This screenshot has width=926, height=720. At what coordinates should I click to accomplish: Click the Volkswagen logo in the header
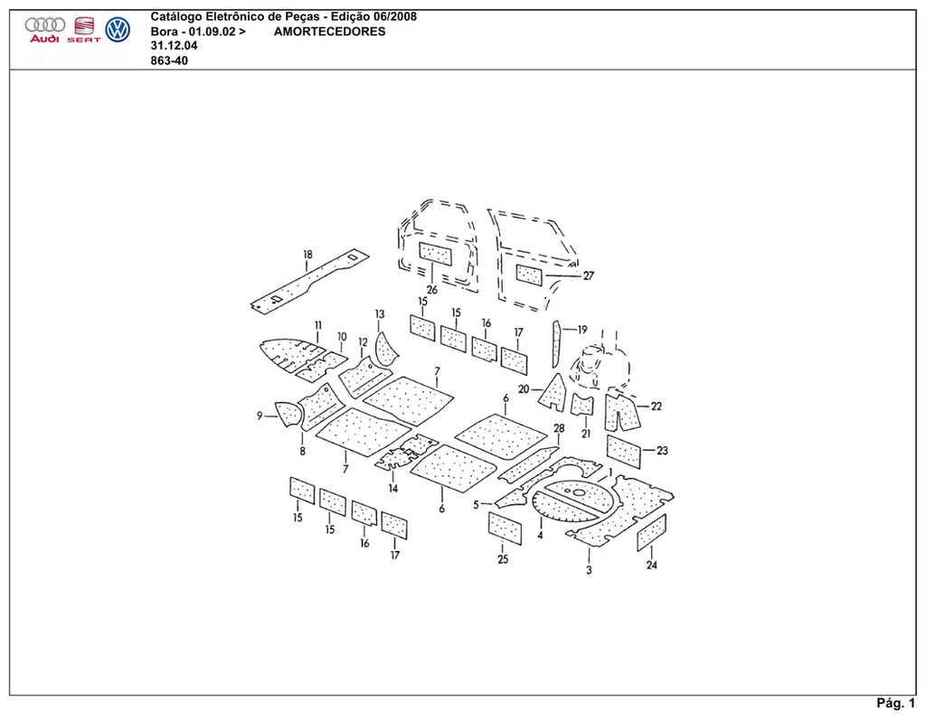[118, 30]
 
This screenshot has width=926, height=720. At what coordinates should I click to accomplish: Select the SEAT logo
[84, 30]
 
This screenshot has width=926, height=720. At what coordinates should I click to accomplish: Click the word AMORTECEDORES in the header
[329, 32]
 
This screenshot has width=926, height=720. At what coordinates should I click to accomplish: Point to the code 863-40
[169, 61]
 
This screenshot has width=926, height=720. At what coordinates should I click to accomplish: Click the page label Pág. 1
[895, 703]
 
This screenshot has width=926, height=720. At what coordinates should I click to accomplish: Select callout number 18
[307, 255]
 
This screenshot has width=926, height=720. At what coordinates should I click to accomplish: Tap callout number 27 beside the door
[588, 276]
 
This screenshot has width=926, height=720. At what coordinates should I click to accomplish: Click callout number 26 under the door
[432, 290]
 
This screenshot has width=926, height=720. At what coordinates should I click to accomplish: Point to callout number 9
[260, 416]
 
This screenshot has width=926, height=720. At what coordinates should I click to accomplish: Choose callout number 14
[393, 488]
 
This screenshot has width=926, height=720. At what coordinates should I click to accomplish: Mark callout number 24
[651, 565]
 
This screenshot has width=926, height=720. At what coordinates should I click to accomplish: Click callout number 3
[589, 570]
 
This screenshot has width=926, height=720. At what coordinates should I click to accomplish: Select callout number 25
[503, 559]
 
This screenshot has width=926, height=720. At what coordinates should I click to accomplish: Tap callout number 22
[657, 406]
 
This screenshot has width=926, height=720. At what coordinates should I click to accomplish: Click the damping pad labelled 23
[624, 452]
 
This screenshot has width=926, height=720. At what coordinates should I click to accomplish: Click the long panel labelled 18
[309, 280]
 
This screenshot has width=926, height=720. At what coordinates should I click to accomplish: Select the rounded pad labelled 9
[289, 413]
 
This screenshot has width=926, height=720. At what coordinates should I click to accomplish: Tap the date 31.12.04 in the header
[175, 45]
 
